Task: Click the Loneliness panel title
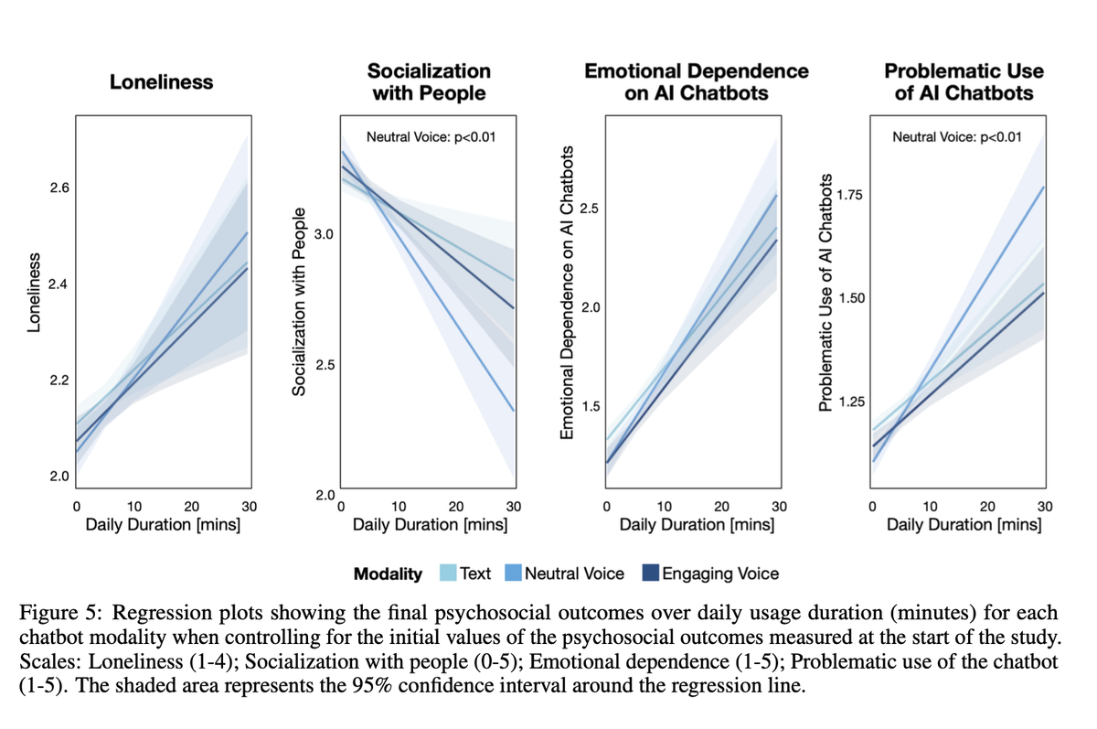pos(161,82)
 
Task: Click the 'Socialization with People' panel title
pos(428,81)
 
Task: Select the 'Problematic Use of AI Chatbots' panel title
pos(964,81)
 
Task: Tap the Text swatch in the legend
pos(447,574)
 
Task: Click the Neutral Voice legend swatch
pos(513,574)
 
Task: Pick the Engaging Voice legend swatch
pos(650,574)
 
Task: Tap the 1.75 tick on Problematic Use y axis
pos(852,195)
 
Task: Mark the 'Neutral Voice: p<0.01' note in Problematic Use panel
pos(957,137)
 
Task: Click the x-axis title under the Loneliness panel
pos(163,525)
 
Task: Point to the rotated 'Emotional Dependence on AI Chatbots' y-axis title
pos(567,295)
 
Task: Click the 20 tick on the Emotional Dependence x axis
pos(721,506)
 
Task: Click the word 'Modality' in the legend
pos(388,574)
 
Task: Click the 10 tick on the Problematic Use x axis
pos(930,506)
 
